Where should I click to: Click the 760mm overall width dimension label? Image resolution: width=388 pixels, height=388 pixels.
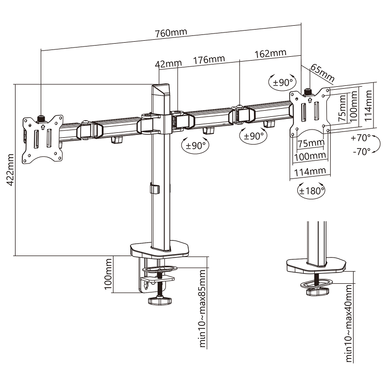tap(171, 32)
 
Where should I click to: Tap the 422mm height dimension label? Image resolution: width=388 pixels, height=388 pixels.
tap(10, 170)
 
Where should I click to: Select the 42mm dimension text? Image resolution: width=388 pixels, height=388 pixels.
tap(168, 64)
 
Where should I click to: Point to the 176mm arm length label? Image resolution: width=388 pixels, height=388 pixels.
tap(209, 60)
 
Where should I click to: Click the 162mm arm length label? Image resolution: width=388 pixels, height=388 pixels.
tap(271, 53)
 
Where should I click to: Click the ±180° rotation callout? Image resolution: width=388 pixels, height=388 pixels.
tap(311, 191)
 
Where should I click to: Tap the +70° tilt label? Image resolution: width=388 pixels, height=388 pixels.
tap(361, 138)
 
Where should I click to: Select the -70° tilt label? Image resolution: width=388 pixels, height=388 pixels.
tap(361, 151)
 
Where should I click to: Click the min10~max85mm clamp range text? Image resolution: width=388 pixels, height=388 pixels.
tap(203, 308)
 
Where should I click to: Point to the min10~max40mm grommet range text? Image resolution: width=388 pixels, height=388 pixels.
tap(349, 323)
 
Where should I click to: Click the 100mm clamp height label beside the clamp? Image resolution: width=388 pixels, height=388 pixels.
tap(108, 274)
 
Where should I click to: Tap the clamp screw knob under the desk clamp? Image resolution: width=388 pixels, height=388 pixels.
tap(160, 300)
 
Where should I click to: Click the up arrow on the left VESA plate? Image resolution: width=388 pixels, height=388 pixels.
tap(42, 127)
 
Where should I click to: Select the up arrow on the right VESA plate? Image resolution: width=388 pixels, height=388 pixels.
tap(309, 100)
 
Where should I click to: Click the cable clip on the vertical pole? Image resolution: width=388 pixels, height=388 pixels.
tap(154, 188)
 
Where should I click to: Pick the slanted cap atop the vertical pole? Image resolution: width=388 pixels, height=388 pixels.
tap(161, 90)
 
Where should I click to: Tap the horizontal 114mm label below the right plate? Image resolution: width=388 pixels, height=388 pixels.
tap(310, 171)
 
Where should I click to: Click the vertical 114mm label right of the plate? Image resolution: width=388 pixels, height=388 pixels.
tap(369, 105)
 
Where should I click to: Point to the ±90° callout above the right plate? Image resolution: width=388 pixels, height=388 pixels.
tap(283, 82)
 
